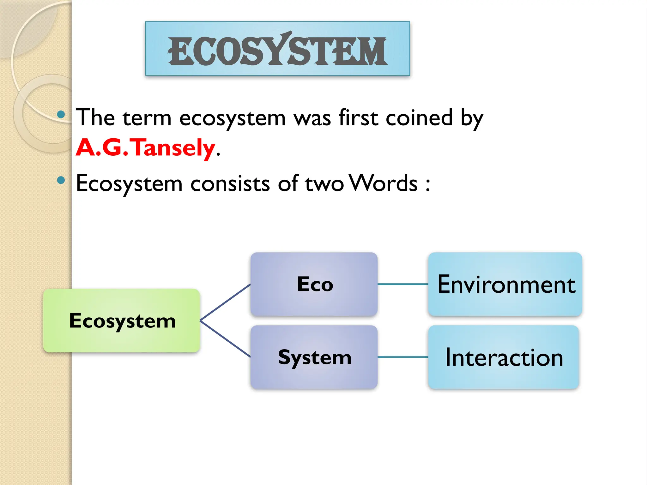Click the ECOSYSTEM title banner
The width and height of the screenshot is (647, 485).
point(277,49)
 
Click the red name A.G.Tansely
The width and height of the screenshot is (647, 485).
point(146,147)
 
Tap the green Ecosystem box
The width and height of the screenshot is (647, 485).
point(122,320)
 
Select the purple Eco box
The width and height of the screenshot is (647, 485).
point(314,284)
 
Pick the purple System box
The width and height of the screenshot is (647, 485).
point(314,357)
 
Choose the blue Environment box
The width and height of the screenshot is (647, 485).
point(505,284)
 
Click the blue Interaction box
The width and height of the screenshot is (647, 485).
point(504,357)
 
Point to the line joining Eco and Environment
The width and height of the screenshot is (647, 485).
point(403,284)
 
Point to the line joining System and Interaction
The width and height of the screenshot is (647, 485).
point(403,357)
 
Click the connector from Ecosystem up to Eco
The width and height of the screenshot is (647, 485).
point(225,302)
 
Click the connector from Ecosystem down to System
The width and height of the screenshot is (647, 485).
point(225,339)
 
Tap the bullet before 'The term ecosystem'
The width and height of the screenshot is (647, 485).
point(61,114)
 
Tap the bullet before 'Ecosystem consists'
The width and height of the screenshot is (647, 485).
point(61,180)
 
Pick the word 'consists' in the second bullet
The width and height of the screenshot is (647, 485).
point(230,183)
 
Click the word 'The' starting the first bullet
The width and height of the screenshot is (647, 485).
point(95,117)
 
